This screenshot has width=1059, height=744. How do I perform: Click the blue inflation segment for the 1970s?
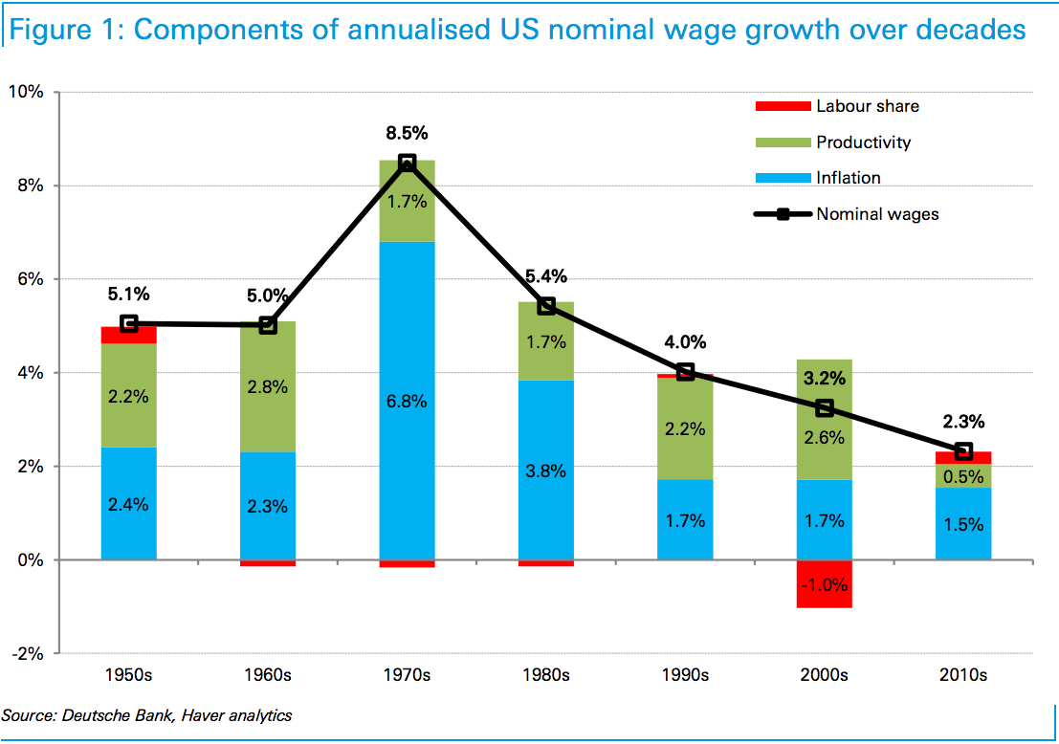(x=407, y=459)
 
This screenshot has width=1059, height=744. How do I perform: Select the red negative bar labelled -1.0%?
(x=824, y=584)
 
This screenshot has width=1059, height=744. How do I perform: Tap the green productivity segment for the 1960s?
(x=267, y=386)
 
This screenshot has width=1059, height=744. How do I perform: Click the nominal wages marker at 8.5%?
(x=407, y=163)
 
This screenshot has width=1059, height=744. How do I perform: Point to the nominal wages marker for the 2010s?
(x=963, y=451)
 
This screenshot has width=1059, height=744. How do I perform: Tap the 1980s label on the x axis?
(x=546, y=675)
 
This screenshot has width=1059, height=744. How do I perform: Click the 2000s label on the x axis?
(x=824, y=675)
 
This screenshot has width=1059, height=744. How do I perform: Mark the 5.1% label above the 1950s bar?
(x=129, y=295)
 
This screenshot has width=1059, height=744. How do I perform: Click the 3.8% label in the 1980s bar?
(x=546, y=470)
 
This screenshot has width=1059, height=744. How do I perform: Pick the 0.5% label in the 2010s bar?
(x=963, y=476)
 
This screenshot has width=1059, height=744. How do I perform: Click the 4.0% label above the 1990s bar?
(x=686, y=342)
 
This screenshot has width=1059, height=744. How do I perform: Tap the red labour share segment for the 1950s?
(x=129, y=335)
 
